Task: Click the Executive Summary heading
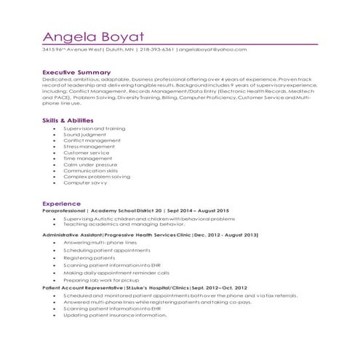pos(76,73)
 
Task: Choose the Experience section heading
pos(61,203)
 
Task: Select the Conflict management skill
pos(92,140)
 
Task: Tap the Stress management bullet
pos(89,147)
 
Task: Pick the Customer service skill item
pos(86,153)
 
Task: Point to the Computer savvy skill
pos(85,183)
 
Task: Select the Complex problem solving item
pos(97,177)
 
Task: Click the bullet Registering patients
pos(89,257)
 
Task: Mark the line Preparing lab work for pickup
pos(100,280)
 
